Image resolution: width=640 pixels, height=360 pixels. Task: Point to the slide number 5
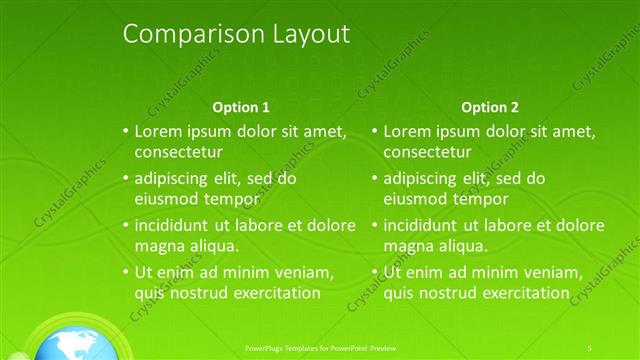coord(590,347)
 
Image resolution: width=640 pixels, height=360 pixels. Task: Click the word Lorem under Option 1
coord(157,131)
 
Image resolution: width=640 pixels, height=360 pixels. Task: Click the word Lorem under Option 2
coord(406,131)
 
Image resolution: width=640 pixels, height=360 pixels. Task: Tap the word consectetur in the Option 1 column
coord(178,153)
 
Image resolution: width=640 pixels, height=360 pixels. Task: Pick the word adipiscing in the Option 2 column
coord(420,179)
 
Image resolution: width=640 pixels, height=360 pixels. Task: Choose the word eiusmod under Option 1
coord(166,199)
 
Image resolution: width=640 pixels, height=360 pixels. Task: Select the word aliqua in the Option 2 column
coord(463,246)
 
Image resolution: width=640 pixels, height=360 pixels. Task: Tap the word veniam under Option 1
coord(296,272)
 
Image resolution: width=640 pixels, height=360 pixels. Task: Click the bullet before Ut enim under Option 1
coord(125,272)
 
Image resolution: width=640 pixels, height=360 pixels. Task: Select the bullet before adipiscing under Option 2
coord(374,179)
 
